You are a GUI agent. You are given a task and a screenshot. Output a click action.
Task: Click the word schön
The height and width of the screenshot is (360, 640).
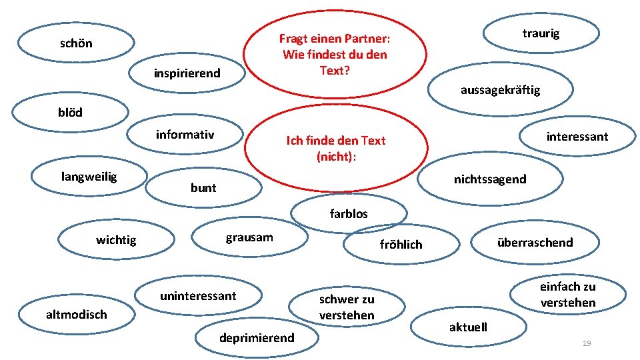tap(76, 44)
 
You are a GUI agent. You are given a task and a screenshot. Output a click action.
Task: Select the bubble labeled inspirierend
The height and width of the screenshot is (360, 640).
tap(187, 73)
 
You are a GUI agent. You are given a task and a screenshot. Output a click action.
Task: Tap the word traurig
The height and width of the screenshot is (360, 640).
tap(541, 33)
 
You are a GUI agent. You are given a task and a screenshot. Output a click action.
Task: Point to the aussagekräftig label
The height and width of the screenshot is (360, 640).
tap(500, 90)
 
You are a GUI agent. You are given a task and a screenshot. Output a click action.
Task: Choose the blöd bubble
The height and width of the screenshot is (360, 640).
tap(71, 113)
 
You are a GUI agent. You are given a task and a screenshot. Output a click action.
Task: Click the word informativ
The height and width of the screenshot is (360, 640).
tap(185, 135)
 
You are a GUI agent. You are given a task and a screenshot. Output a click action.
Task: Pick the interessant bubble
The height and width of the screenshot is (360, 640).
tap(577, 137)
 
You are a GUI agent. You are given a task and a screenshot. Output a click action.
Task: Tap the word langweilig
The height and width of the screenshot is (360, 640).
tap(89, 177)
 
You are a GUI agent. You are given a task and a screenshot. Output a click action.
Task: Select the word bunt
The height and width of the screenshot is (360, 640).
tap(203, 188)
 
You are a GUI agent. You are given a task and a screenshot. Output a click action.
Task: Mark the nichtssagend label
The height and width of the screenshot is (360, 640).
tap(490, 179)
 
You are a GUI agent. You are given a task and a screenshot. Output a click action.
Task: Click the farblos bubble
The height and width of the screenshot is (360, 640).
tap(349, 214)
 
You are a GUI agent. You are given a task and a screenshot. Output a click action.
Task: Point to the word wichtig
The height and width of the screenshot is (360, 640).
tap(116, 239)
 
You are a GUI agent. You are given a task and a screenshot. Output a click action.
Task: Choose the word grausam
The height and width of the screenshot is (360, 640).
tap(249, 237)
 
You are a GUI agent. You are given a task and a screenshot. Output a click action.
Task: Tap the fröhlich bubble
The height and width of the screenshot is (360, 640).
tap(401, 245)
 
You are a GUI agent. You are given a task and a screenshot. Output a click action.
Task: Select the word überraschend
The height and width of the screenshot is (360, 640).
tap(535, 242)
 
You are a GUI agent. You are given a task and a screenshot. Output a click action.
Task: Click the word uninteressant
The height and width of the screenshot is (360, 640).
tap(198, 295)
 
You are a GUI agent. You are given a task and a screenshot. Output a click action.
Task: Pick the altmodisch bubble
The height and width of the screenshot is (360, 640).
tap(76, 314)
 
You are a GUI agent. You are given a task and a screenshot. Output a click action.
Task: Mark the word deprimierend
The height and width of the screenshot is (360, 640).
tap(257, 338)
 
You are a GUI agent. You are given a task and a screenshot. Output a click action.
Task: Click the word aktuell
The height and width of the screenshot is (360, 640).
tap(468, 327)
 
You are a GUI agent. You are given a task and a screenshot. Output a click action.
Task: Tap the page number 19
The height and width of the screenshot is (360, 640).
tap(587, 343)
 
